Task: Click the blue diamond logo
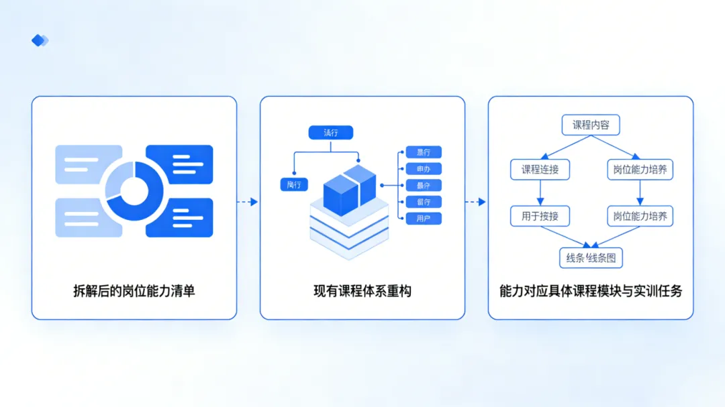pyautogui.click(x=40, y=40)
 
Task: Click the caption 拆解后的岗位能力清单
pyautogui.click(x=134, y=291)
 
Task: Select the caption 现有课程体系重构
pyautogui.click(x=362, y=291)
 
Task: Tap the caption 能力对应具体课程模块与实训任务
pyautogui.click(x=591, y=291)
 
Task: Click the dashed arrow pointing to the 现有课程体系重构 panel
pyautogui.click(x=248, y=202)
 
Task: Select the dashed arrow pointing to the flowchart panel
pyautogui.click(x=476, y=202)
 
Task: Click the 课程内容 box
pyautogui.click(x=590, y=125)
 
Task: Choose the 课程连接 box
pyautogui.click(x=540, y=170)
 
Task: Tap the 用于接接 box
pyautogui.click(x=540, y=217)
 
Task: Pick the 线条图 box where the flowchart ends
pyautogui.click(x=591, y=257)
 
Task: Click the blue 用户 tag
pyautogui.click(x=424, y=219)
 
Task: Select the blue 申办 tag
pyautogui.click(x=424, y=169)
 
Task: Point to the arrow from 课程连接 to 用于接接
pyautogui.click(x=540, y=193)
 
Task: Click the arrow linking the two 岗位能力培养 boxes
pyautogui.click(x=640, y=193)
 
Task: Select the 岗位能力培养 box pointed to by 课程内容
pyautogui.click(x=640, y=170)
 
